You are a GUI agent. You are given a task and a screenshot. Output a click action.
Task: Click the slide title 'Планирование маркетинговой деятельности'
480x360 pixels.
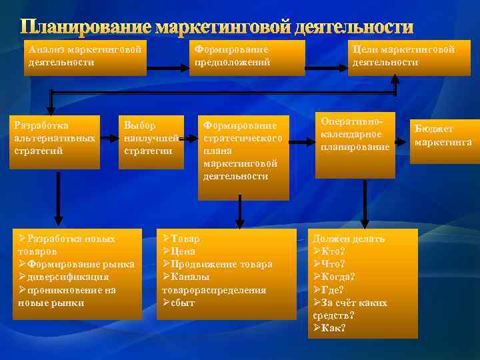(217, 27)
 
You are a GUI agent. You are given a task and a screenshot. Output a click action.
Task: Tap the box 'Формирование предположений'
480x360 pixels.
(244, 56)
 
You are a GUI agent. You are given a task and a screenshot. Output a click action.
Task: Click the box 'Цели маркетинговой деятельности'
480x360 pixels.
(404, 56)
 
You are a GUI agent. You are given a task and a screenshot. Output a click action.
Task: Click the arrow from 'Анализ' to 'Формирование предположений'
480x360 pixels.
(167, 68)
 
